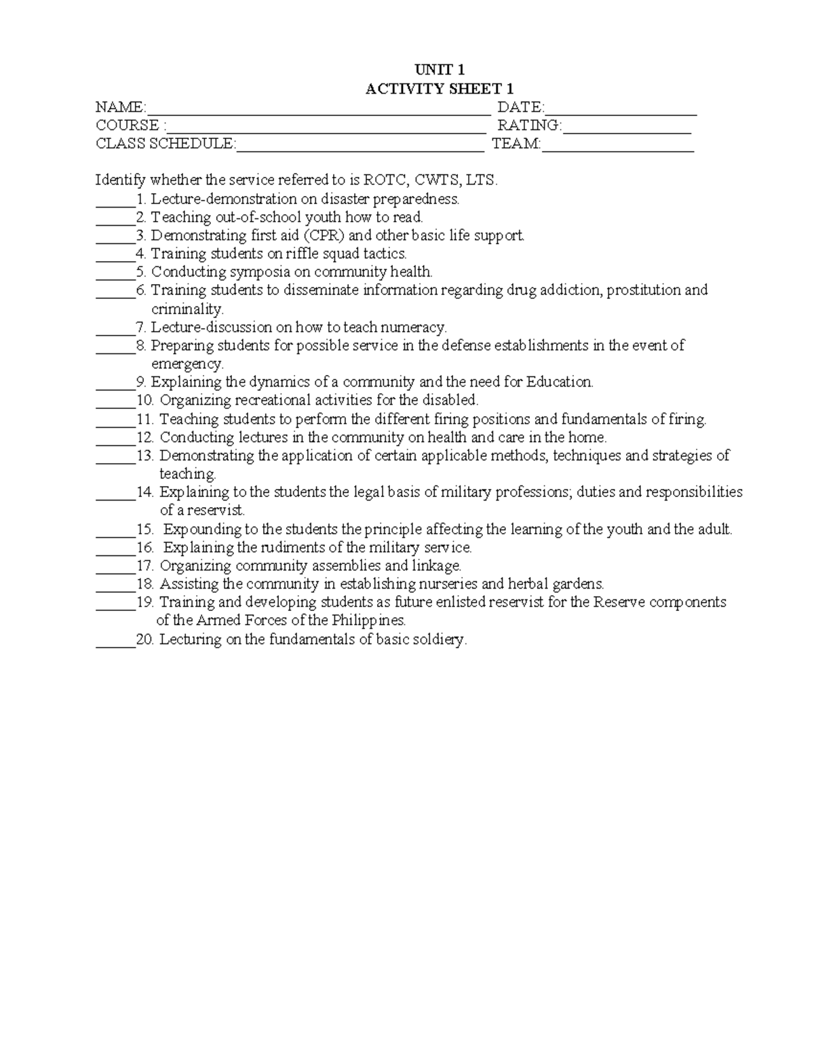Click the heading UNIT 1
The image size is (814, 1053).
[x=439, y=70]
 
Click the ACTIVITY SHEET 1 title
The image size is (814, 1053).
[x=439, y=89]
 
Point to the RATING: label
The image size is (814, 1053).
[x=530, y=125]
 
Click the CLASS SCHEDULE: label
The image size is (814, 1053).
[x=166, y=144]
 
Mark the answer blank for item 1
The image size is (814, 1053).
[x=115, y=201]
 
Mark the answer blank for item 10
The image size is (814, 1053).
[x=115, y=403]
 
